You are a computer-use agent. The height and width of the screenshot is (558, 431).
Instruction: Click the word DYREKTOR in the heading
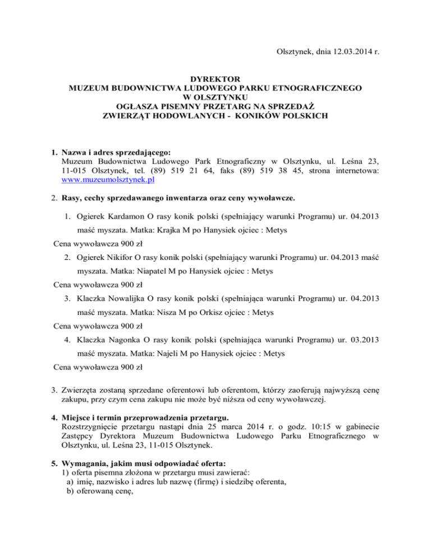(215, 80)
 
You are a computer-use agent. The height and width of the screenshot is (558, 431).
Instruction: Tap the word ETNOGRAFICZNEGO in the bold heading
(317, 89)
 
